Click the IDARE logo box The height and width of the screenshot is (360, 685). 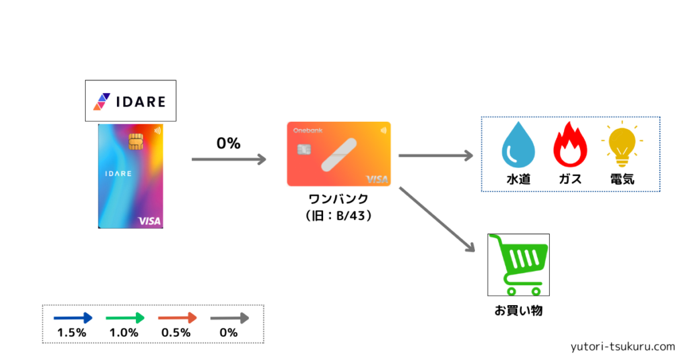tap(130, 100)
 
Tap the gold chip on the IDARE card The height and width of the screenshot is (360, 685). tap(136, 142)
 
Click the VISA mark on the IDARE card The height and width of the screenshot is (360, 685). tap(149, 221)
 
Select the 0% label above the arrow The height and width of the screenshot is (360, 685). tap(229, 143)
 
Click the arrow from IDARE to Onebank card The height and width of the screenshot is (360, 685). tap(229, 159)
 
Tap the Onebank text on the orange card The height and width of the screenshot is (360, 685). tap(308, 130)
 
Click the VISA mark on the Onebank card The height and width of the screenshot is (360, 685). tap(377, 179)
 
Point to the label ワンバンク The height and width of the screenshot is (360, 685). tap(338, 199)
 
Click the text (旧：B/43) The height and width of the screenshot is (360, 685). tap(338, 216)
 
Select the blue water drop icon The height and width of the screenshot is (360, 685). tap(518, 145)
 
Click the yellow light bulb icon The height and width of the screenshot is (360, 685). tap(622, 144)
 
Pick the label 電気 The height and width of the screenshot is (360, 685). tap(622, 179)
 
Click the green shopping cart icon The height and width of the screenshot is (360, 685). tap(518, 265)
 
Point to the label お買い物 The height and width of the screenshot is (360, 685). tap(518, 310)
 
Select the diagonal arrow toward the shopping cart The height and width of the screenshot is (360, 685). tap(437, 219)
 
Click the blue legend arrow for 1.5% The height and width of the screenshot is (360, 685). tap(73, 318)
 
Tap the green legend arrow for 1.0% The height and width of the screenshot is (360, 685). tap(125, 318)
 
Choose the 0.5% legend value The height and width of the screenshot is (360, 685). tap(176, 333)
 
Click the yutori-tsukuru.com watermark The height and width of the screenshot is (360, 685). tap(623, 347)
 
